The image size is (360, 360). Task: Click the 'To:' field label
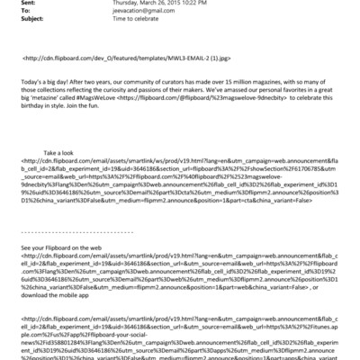tap(12, 12)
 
